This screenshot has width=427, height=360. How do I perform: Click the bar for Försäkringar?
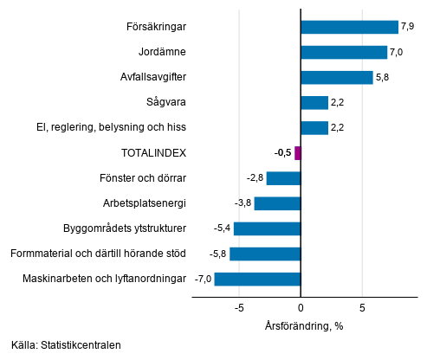pyautogui.click(x=349, y=27)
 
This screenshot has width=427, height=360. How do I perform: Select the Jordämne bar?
pyautogui.click(x=344, y=52)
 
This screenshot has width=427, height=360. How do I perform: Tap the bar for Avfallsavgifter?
pyautogui.click(x=336, y=77)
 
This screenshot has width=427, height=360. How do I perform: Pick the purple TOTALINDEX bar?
pyautogui.click(x=297, y=153)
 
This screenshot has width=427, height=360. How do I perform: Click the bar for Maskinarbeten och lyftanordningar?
pyautogui.click(x=257, y=279)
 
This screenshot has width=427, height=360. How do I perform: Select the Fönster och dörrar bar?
pyautogui.click(x=283, y=178)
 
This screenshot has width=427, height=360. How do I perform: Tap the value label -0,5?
pyautogui.click(x=282, y=153)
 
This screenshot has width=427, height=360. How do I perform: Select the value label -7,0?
pyautogui.click(x=204, y=279)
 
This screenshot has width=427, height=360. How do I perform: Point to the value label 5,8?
pyautogui.click(x=383, y=77)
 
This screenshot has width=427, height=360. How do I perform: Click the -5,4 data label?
pyautogui.click(x=223, y=228)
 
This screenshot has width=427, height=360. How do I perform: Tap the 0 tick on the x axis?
pyautogui.click(x=301, y=307)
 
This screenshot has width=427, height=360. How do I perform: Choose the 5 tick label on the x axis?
pyautogui.click(x=362, y=307)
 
